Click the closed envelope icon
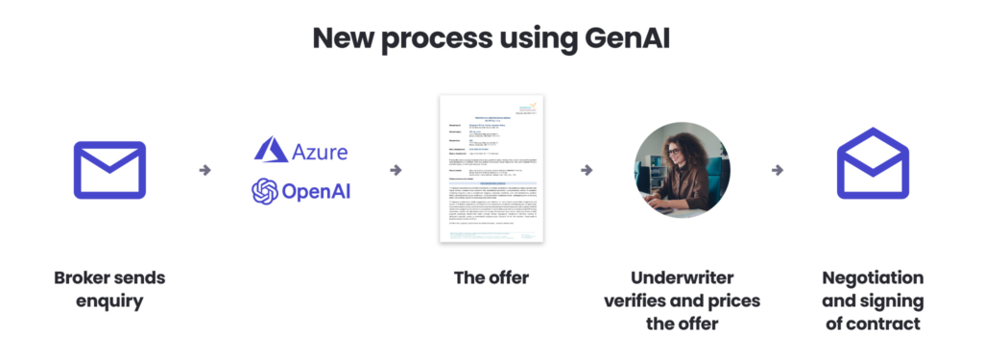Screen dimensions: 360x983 pos(109,170)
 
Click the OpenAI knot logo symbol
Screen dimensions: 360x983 pos(265,192)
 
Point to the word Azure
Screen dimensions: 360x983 pos(322,152)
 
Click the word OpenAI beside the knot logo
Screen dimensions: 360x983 pos(316,192)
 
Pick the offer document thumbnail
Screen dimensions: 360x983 pos(491,168)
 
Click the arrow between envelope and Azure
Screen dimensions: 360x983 pos(204,170)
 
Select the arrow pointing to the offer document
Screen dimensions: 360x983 pos(396,170)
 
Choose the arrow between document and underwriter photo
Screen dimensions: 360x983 pos(586,170)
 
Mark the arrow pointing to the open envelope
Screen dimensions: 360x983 pos(778,170)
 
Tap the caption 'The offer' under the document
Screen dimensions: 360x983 pos(491,277)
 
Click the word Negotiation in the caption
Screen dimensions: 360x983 pos(873,277)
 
